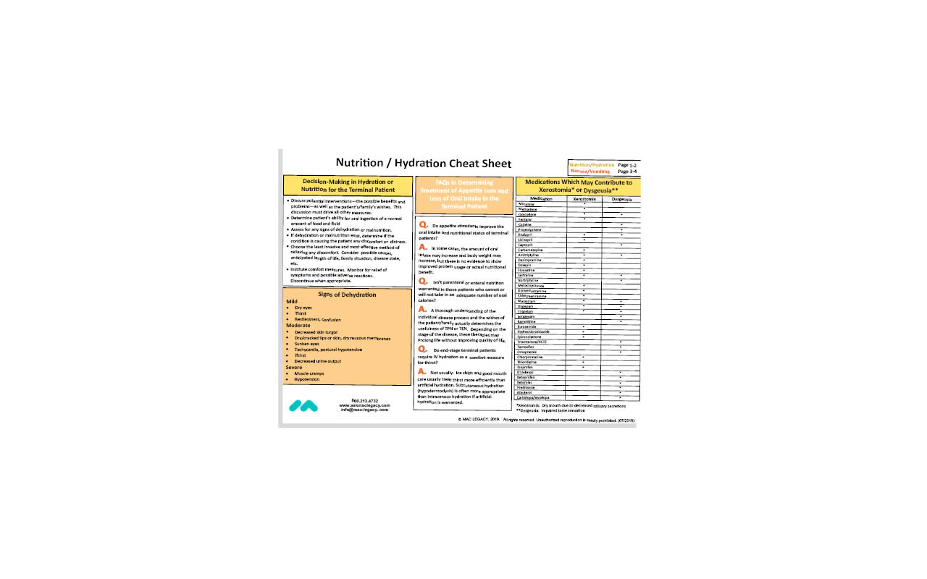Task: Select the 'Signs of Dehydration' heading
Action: tap(347, 295)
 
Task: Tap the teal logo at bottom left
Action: tap(303, 406)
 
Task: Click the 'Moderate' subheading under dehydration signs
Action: tap(299, 325)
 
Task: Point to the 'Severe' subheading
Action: tap(294, 367)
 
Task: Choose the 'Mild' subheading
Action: tap(292, 301)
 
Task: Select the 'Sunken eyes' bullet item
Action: tap(308, 343)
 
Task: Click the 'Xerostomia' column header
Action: tap(584, 198)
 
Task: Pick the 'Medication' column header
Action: tap(541, 198)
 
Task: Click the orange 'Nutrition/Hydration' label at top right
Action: tap(592, 165)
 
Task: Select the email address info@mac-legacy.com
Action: tap(364, 410)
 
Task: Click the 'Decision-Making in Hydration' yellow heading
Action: tap(348, 185)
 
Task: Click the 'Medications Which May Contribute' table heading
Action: tap(577, 185)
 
